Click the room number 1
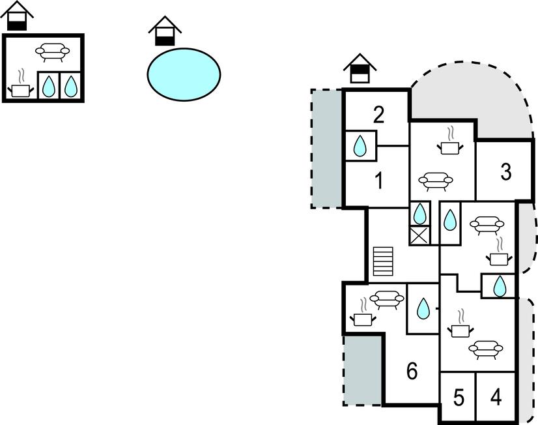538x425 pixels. pyautogui.click(x=379, y=181)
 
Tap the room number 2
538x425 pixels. pyautogui.click(x=378, y=115)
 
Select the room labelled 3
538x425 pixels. pyautogui.click(x=505, y=172)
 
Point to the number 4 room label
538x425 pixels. pyautogui.click(x=496, y=397)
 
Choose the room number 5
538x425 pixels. pyautogui.click(x=459, y=398)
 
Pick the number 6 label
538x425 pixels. pyautogui.click(x=412, y=371)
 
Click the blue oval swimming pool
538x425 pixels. pyautogui.click(x=184, y=74)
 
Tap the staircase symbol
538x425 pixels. pyautogui.click(x=383, y=261)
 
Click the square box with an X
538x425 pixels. pyautogui.click(x=419, y=236)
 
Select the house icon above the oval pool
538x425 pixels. pyautogui.click(x=165, y=31)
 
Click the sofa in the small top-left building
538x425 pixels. pyautogui.click(x=53, y=52)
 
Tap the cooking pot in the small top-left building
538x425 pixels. pyautogui.click(x=21, y=87)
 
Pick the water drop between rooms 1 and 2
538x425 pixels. pyautogui.click(x=360, y=146)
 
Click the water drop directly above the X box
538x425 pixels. pyautogui.click(x=419, y=214)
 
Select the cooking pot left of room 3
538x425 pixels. pyautogui.click(x=450, y=144)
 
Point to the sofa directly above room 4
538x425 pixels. pyautogui.click(x=486, y=349)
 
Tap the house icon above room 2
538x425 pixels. pyautogui.click(x=360, y=68)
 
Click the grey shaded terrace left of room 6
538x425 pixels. pyautogui.click(x=363, y=370)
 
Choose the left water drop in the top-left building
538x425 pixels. pyautogui.click(x=48, y=86)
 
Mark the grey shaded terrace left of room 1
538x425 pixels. pyautogui.click(x=327, y=149)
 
